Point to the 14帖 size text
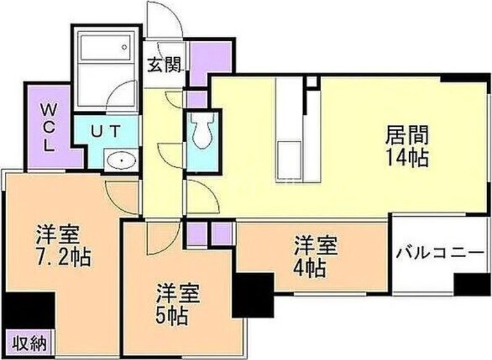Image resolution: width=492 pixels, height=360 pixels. (x=407, y=158)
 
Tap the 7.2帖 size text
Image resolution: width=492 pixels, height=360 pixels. (x=63, y=256)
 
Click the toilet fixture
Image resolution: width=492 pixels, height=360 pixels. (x=202, y=131)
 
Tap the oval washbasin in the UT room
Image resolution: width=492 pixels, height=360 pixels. (x=121, y=161)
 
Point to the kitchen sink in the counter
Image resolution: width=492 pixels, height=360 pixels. (x=290, y=154)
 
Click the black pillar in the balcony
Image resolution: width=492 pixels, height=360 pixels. (x=472, y=284)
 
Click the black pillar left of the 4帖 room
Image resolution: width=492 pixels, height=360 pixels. (x=253, y=295)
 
